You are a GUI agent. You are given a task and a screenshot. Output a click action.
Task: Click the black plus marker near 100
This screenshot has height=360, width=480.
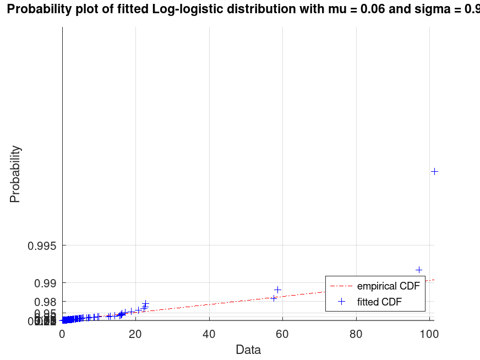pyautogui.click(x=434, y=171)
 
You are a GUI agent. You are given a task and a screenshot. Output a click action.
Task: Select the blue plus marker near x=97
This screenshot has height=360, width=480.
pyautogui.click(x=419, y=270)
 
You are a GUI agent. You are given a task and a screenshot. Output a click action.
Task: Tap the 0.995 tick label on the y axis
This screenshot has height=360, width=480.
pyautogui.click(x=42, y=246)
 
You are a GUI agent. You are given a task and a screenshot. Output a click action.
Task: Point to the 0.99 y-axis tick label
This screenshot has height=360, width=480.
pyautogui.click(x=45, y=283)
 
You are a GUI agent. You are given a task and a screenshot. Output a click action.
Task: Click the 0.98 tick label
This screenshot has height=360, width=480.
pyautogui.click(x=45, y=302)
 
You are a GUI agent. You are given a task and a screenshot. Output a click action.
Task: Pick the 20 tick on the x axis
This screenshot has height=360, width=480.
pyautogui.click(x=135, y=332)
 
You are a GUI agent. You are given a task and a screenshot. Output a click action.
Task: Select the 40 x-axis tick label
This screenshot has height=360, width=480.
pyautogui.click(x=209, y=332)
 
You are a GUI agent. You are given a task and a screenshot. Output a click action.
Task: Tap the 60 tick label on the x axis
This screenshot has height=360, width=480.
pyautogui.click(x=282, y=332)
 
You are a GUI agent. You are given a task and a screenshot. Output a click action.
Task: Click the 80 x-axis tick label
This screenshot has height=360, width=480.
pyautogui.click(x=356, y=332)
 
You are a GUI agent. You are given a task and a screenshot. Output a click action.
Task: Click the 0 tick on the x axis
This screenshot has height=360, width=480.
pyautogui.click(x=62, y=332)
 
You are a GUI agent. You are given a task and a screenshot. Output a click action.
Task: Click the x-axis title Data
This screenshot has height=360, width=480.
pyautogui.click(x=248, y=350)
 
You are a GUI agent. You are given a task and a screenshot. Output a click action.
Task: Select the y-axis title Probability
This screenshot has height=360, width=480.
pyautogui.click(x=15, y=174)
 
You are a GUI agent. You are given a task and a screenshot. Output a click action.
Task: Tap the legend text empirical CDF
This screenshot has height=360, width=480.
pyautogui.click(x=388, y=286)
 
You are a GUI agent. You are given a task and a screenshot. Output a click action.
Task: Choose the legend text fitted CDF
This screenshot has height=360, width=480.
pyautogui.click(x=379, y=302)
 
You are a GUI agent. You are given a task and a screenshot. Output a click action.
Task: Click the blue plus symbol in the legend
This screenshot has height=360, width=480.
pyautogui.click(x=341, y=302)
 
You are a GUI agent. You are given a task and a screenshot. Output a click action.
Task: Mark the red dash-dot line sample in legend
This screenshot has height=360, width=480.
pyautogui.click(x=341, y=286)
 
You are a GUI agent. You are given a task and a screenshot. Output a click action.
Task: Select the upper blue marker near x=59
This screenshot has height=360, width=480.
pyautogui.click(x=278, y=290)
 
